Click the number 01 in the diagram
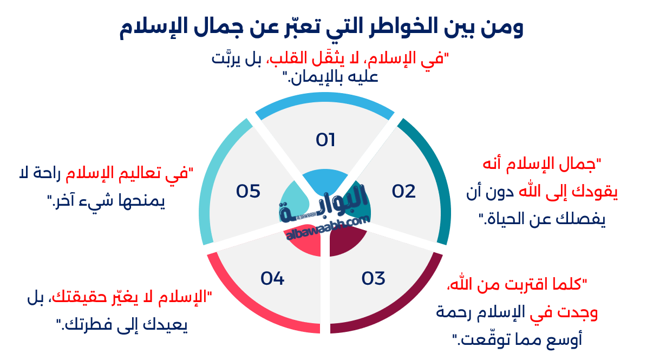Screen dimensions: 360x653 325,140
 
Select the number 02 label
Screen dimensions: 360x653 403,191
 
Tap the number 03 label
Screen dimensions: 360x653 373,278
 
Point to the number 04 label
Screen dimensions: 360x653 272,278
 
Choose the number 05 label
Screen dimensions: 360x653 249,191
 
